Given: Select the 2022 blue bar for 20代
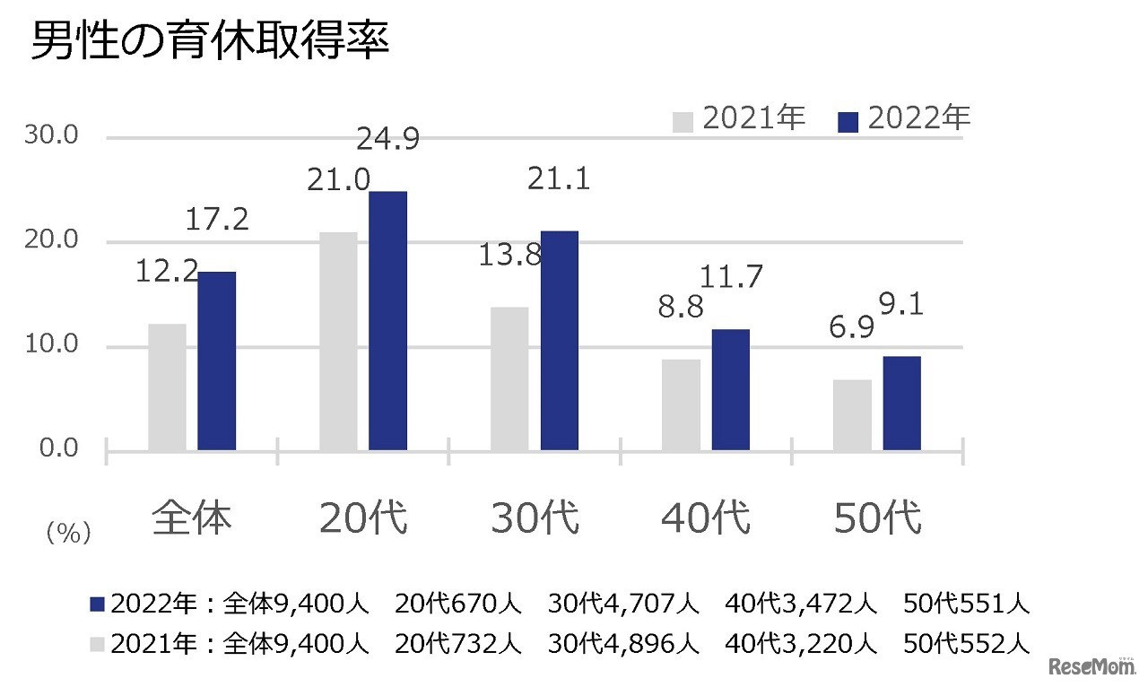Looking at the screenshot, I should [x=387, y=320].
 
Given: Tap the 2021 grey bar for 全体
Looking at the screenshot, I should [x=168, y=387].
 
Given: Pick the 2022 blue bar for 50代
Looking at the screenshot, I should [x=901, y=403].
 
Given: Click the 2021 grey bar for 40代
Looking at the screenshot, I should [x=681, y=404].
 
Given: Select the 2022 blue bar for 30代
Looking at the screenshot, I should [x=559, y=340].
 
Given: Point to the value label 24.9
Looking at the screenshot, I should [x=387, y=141].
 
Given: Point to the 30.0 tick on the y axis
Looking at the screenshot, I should [x=56, y=137].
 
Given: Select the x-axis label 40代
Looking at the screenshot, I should [x=706, y=518].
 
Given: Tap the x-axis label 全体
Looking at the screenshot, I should [x=192, y=518].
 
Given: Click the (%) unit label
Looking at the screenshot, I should [x=68, y=535].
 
